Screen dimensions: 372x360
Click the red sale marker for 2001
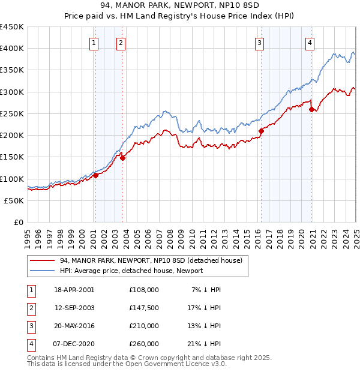click(x=96, y=175)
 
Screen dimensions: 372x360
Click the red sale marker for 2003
click(x=122, y=158)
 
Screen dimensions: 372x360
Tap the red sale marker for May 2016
click(x=261, y=131)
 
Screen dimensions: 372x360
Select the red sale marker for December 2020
click(x=311, y=109)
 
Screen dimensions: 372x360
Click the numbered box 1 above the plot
click(x=94, y=42)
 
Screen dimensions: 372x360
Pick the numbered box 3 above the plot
click(x=259, y=42)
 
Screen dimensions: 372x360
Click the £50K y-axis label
click(x=14, y=201)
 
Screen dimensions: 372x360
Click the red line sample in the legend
click(x=43, y=261)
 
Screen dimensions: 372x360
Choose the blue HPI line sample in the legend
click(x=43, y=271)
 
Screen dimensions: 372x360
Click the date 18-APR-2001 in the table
click(x=74, y=290)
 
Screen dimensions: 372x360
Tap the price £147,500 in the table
click(x=144, y=308)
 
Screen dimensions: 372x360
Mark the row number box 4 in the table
click(x=31, y=344)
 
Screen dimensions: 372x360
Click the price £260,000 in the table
click(x=144, y=344)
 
